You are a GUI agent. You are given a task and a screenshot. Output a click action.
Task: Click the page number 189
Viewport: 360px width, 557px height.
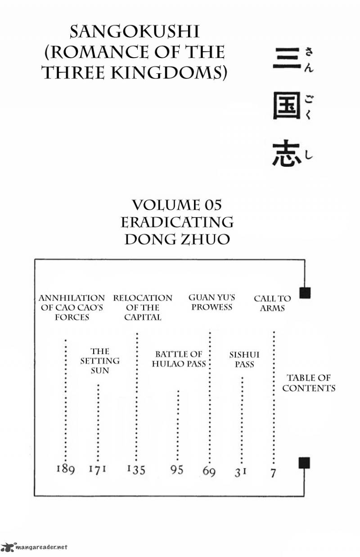click(66, 469)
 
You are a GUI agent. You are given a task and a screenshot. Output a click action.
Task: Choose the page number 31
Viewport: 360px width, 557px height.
click(241, 472)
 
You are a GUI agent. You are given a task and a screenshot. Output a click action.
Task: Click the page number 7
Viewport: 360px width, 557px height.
click(273, 472)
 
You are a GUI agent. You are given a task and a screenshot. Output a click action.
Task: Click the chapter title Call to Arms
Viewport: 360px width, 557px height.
click(272, 303)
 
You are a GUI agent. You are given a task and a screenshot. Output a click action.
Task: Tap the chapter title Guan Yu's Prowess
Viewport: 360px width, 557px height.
click(211, 302)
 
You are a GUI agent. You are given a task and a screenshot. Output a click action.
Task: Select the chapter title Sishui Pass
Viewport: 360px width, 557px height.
click(244, 359)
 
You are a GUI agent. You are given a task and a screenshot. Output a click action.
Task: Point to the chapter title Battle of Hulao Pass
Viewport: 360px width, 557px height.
click(179, 359)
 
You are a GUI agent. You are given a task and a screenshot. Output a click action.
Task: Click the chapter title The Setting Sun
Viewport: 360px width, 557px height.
click(99, 361)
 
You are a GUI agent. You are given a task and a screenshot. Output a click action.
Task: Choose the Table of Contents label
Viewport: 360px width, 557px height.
click(309, 383)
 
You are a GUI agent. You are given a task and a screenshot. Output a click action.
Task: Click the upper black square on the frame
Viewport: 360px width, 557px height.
click(305, 293)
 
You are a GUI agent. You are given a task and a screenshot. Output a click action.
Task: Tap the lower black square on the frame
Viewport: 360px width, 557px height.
click(305, 462)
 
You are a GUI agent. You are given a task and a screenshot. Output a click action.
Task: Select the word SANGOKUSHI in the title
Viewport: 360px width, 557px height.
click(134, 32)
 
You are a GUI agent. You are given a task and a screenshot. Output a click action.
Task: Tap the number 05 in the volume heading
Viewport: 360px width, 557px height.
click(212, 206)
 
